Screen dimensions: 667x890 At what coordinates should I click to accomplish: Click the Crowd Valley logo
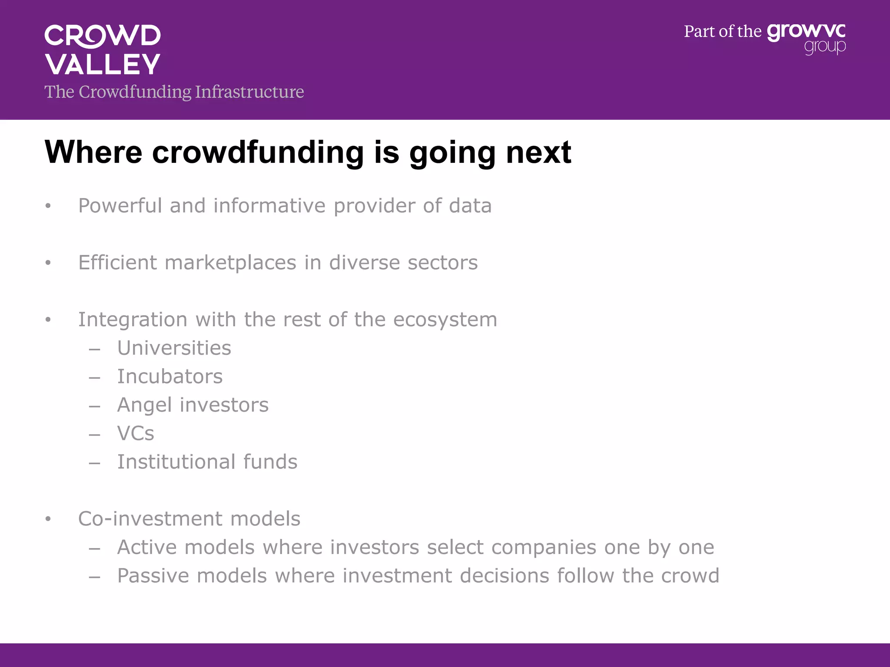(103, 50)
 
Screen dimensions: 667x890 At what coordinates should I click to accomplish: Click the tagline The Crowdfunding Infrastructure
(174, 92)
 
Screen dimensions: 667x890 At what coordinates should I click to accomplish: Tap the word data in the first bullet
(470, 206)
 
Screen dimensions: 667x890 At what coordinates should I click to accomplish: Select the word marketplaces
(230, 263)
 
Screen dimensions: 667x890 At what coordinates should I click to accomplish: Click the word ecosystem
(445, 320)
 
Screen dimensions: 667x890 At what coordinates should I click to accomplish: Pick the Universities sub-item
(174, 348)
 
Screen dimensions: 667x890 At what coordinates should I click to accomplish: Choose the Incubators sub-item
(170, 376)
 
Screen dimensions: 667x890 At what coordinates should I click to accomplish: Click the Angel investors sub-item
(193, 405)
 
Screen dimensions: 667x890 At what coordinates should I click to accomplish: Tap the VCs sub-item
(136, 433)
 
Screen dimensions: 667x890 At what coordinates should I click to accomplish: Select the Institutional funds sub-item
(207, 462)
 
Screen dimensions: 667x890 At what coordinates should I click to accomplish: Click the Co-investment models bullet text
(189, 519)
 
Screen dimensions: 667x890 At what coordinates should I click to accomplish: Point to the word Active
(147, 547)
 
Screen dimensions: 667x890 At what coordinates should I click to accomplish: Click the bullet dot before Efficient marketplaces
(48, 263)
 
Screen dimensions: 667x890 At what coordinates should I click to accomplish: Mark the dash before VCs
(95, 434)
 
